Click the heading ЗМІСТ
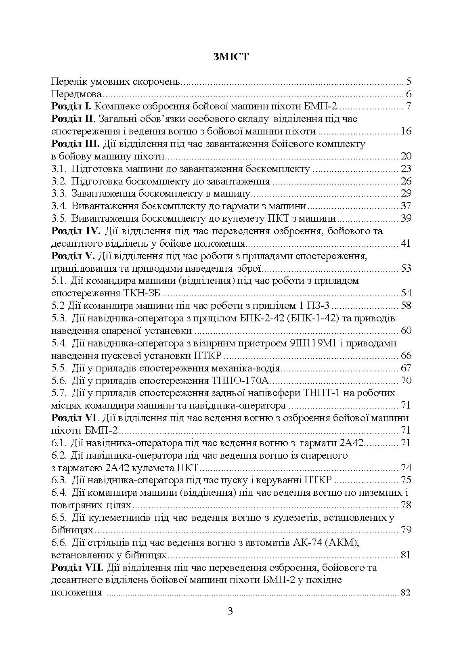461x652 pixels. (230, 57)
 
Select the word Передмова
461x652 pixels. (76, 94)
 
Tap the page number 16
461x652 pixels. (405, 132)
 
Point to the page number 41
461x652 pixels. (405, 243)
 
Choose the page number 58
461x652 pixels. (405, 306)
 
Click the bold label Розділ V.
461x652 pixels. (73, 256)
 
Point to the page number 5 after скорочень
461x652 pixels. (409, 82)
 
